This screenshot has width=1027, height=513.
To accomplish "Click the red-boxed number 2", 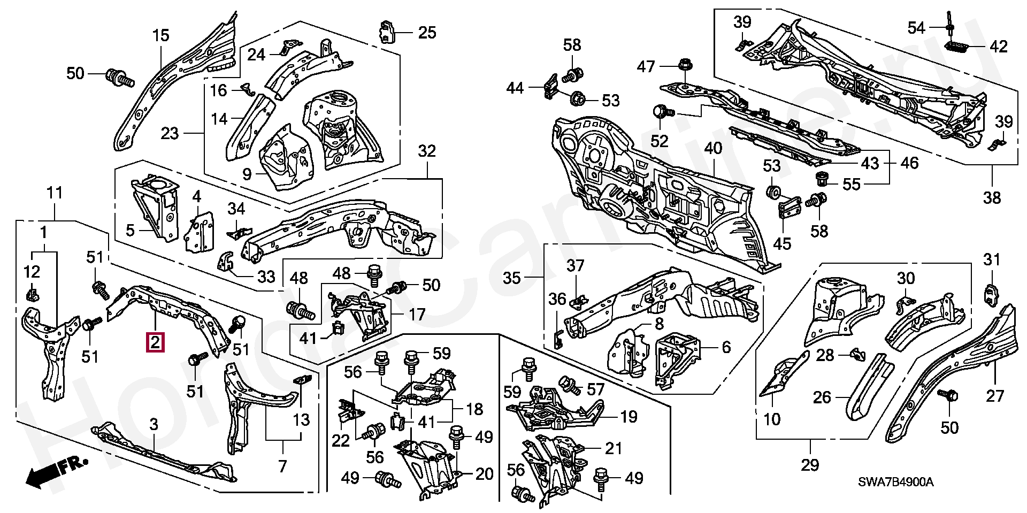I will click(x=155, y=342).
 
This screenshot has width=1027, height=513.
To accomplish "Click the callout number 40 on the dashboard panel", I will click(x=713, y=149).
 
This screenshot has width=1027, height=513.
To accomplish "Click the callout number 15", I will click(x=160, y=36).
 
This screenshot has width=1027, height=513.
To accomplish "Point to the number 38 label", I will click(x=992, y=197).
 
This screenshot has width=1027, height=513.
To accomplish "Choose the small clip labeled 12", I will click(x=33, y=293).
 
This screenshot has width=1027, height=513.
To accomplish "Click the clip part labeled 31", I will click(x=992, y=296).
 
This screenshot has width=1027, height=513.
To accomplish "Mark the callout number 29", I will click(x=810, y=465).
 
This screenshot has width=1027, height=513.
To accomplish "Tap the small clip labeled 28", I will click(x=856, y=354).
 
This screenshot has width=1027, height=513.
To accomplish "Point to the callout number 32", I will click(x=426, y=151).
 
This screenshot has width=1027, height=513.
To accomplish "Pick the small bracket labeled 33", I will click(x=226, y=262).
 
